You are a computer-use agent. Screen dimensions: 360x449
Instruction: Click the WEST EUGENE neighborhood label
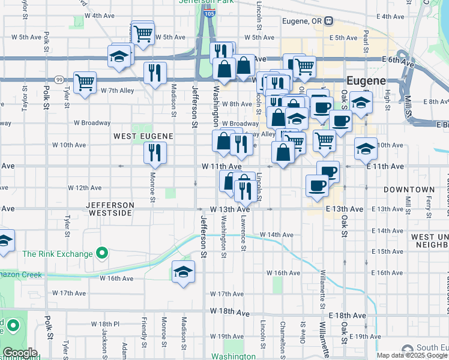coord(143,137)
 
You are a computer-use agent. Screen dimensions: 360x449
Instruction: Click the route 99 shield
coord(59,79)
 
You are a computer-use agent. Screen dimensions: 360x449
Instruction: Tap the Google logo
coord(20,353)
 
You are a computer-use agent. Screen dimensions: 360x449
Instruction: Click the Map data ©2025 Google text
coord(412,355)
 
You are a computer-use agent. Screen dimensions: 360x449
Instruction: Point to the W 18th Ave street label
coord(230,313)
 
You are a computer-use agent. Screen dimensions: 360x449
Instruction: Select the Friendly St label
coord(144,333)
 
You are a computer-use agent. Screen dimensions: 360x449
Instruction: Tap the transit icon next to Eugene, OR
coord(328,21)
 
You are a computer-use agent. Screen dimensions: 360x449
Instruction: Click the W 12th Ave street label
coord(85,188)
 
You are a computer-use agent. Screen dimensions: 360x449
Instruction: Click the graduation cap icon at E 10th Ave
coord(366,148)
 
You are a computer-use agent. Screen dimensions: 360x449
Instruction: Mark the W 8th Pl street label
coord(106,323)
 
